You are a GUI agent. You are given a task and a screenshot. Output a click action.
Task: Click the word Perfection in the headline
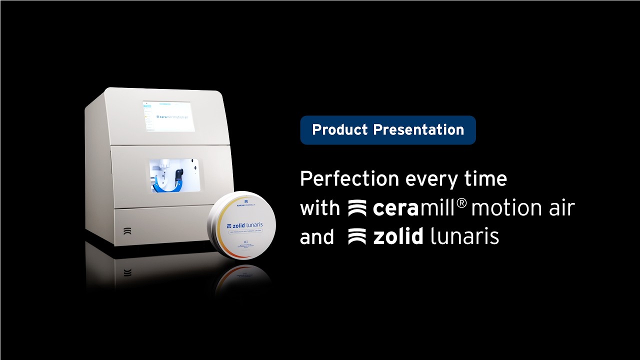(349, 179)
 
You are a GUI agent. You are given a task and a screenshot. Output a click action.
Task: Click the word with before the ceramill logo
(319, 208)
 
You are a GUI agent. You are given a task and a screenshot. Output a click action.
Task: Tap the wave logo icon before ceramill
(357, 208)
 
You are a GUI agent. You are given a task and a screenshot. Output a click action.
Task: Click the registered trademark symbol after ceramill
(461, 203)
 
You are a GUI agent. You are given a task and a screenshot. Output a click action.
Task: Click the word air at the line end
(560, 208)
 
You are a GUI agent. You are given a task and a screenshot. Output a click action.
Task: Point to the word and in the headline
(316, 237)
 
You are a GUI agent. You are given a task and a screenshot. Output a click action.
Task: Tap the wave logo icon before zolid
(357, 237)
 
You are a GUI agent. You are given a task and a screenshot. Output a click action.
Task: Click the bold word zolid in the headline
(398, 237)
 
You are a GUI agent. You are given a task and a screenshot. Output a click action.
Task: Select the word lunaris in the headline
(464, 237)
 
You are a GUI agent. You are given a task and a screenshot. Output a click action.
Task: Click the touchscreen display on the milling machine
(168, 116)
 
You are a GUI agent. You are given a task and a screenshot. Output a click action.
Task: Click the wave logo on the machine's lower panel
(127, 231)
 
